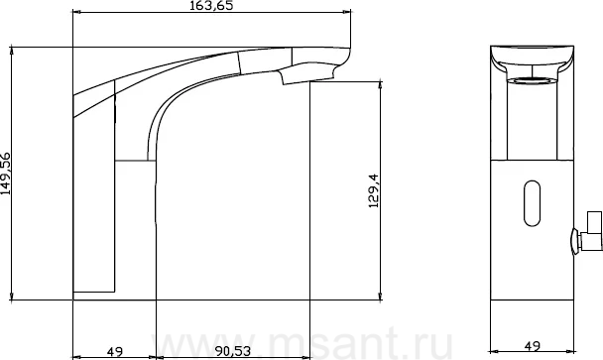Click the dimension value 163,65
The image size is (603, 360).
pos(211,5)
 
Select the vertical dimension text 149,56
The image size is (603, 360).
pos(6,174)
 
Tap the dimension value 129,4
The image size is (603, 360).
pos(374,191)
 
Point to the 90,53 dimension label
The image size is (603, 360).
pos(233,351)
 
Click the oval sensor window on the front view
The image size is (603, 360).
pos(532,203)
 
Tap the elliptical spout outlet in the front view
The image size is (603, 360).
pos(532,80)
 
